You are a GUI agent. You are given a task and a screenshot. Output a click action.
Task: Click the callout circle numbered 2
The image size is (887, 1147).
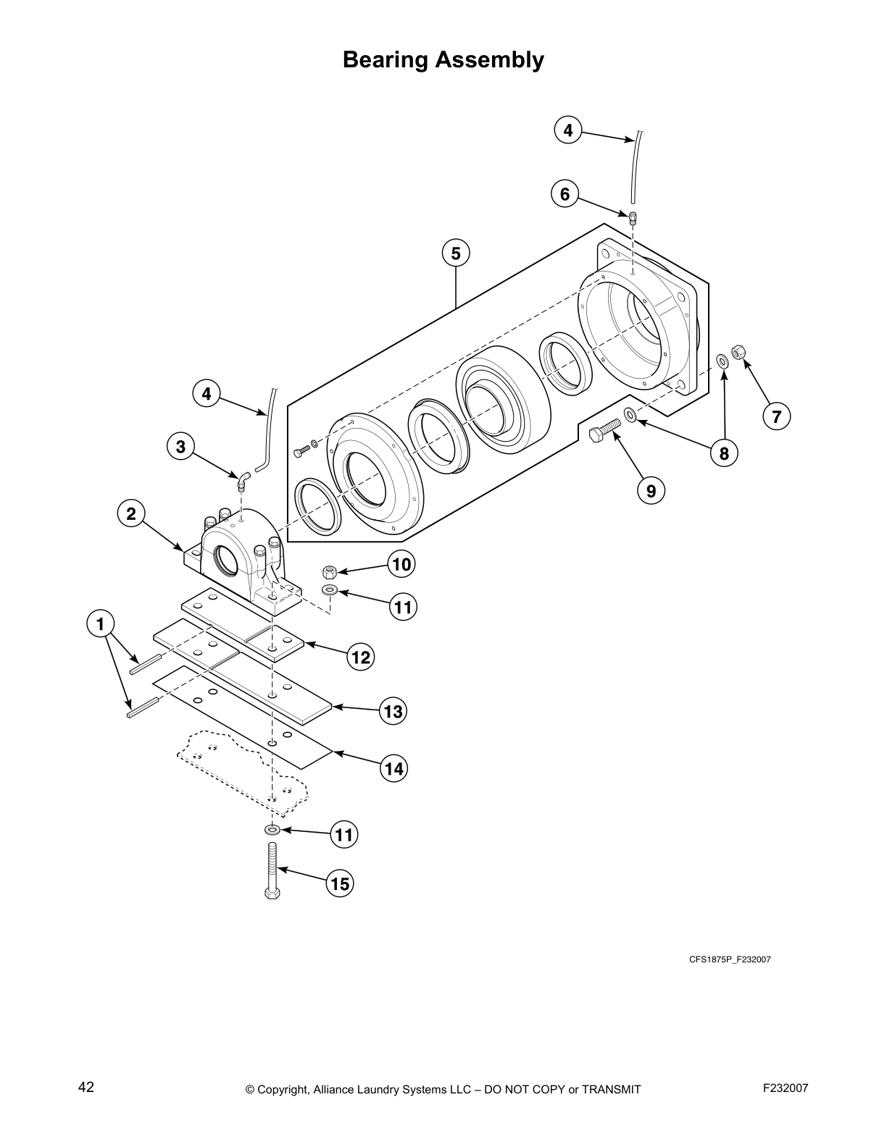coord(131,514)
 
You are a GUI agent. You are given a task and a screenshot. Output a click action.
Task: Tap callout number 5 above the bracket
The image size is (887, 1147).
coord(456,253)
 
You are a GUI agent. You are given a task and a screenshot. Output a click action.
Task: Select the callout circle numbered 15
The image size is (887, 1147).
coord(339,884)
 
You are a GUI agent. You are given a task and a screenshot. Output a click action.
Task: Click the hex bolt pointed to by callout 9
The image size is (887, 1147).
coord(604,432)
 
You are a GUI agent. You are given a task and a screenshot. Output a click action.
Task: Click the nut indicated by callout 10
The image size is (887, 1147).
coord(328,571)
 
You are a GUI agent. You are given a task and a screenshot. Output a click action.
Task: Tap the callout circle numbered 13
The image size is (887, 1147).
coord(393,712)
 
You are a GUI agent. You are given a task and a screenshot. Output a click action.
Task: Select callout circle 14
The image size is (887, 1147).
coord(393,768)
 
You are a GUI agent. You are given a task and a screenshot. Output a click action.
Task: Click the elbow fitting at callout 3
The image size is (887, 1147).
coord(243,480)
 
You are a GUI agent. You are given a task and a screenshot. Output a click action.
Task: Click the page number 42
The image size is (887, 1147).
coord(86,1087)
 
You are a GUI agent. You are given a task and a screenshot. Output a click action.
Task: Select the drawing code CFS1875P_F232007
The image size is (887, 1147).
coord(729,960)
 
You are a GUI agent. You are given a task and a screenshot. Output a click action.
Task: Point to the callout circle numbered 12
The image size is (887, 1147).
coord(361,657)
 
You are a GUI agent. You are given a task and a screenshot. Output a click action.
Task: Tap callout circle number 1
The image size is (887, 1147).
coord(100,623)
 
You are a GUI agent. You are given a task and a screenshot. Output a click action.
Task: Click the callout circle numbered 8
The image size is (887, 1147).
coord(723,454)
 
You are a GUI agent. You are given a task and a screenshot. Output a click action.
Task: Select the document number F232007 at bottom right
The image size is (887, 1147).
coord(786,1088)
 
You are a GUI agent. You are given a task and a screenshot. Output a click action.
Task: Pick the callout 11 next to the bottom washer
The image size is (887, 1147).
coord(343,835)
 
